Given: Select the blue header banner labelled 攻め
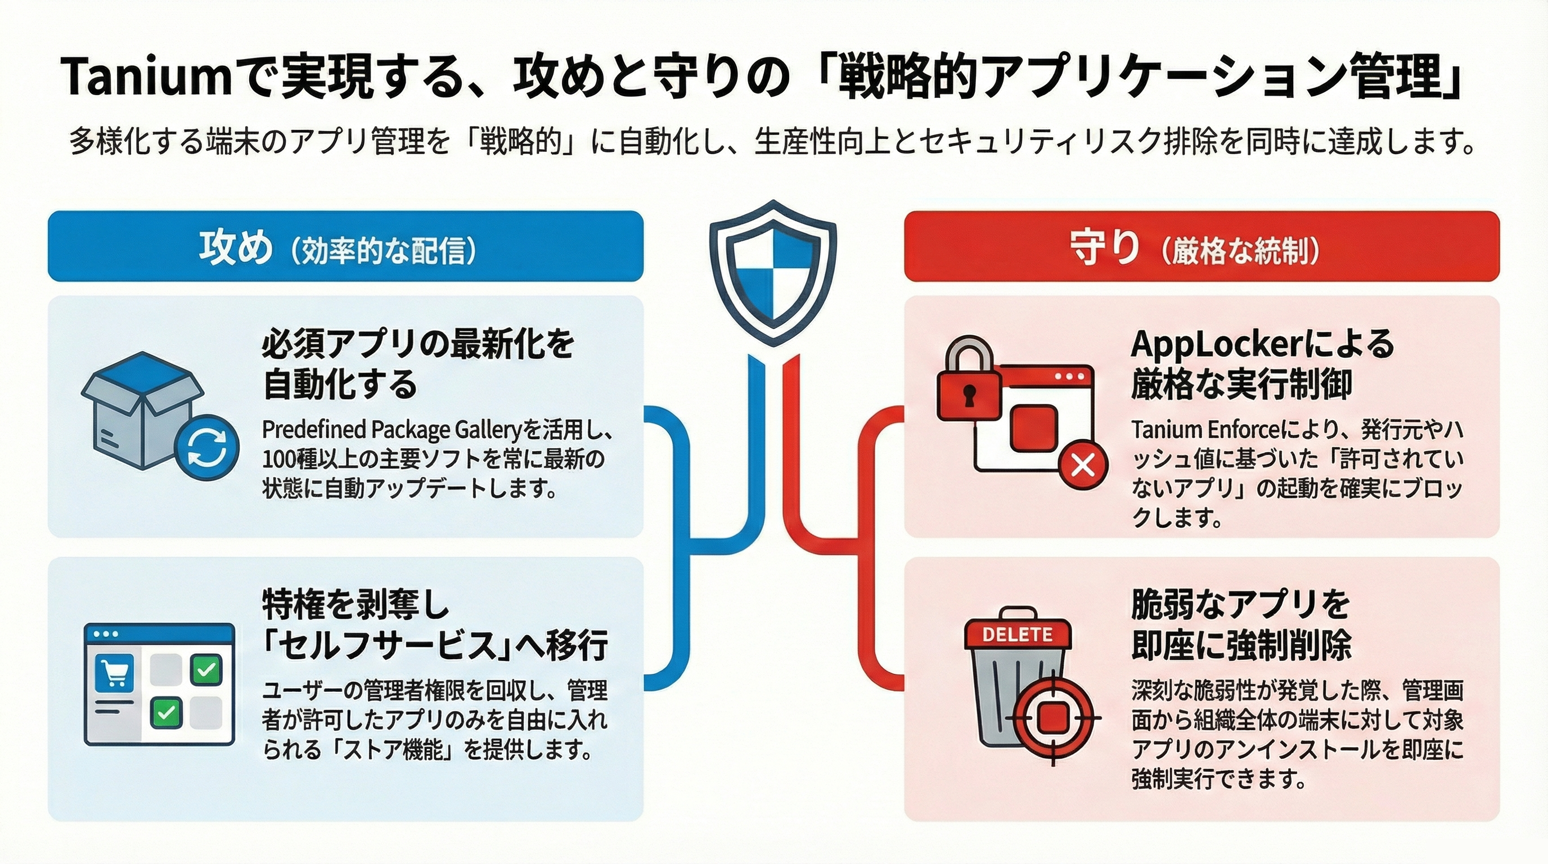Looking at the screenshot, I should [345, 246].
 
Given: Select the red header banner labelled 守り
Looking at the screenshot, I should [1201, 246].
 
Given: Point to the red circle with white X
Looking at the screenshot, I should [1083, 465].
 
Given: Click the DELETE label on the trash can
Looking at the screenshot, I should [1017, 634].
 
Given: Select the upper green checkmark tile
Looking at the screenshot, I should [206, 669].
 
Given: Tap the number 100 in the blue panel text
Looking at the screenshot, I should [278, 459].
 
